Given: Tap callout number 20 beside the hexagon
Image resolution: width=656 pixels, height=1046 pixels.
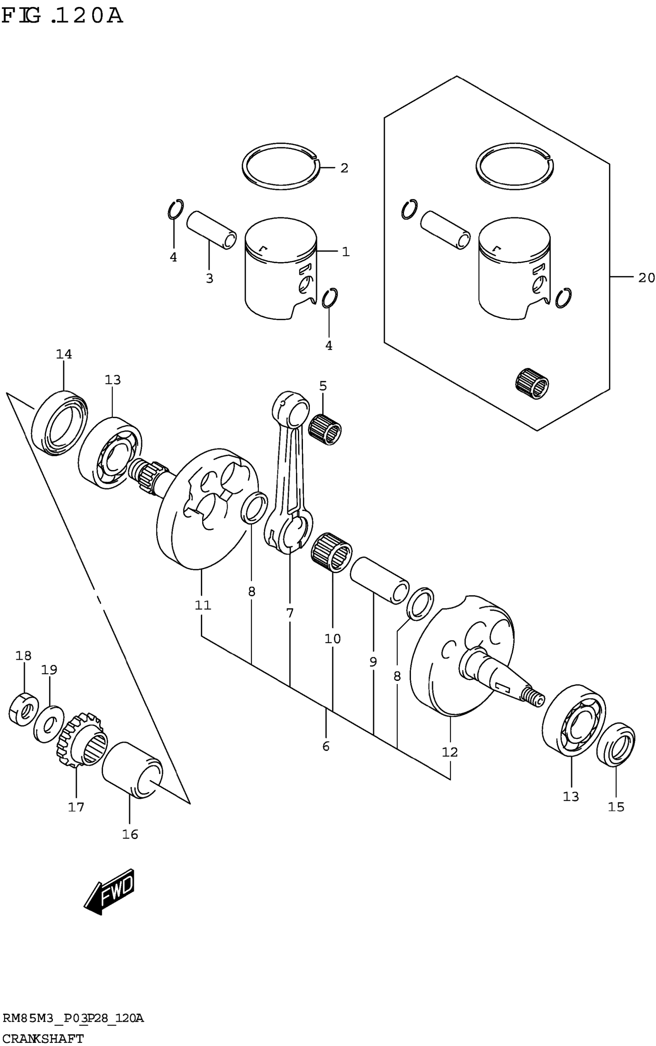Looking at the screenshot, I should (646, 278).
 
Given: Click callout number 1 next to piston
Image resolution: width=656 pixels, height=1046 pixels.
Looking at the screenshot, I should (345, 252).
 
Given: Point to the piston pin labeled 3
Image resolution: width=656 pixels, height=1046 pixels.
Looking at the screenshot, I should (211, 230).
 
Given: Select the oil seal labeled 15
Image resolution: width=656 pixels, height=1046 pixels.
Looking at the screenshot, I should (616, 745).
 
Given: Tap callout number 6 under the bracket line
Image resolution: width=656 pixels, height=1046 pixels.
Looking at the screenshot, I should (326, 746).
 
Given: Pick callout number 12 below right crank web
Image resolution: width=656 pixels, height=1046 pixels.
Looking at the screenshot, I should (450, 752).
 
